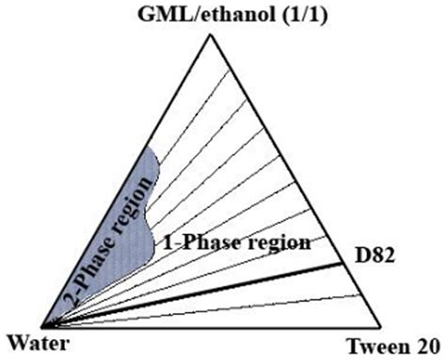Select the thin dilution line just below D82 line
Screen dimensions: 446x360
[x=235, y=305]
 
